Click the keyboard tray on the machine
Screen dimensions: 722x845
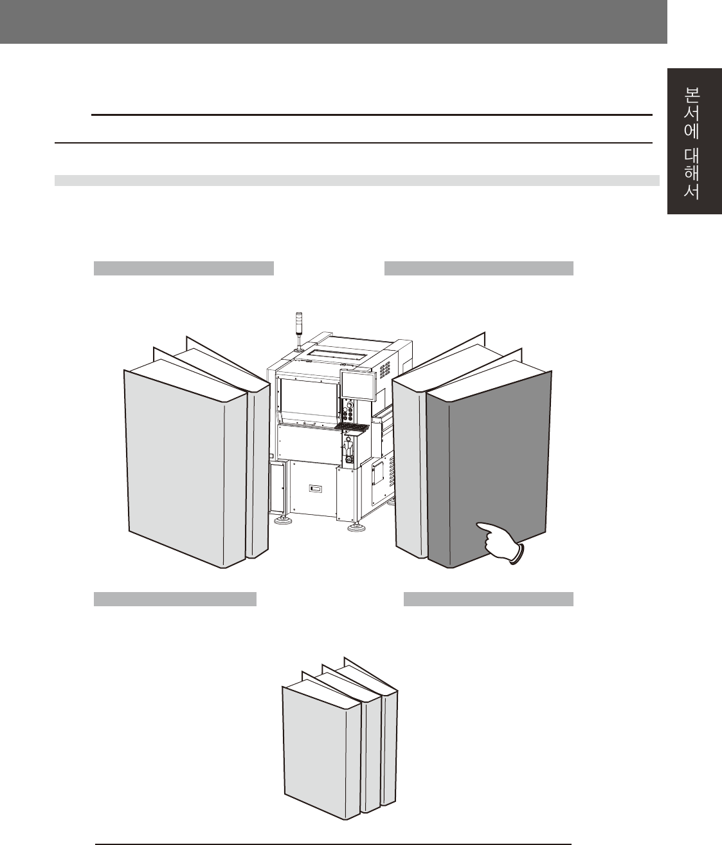(x=352, y=427)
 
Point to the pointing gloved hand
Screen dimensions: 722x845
(x=502, y=539)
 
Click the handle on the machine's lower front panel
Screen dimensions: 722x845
(x=315, y=489)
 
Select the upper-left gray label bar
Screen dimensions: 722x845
(x=184, y=268)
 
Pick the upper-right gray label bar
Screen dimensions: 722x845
(x=478, y=268)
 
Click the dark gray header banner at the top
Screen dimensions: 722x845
(x=333, y=22)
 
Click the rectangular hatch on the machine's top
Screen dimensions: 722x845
(x=334, y=353)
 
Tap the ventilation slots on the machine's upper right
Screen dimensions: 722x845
(x=385, y=369)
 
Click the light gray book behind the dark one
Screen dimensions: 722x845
(x=408, y=470)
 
